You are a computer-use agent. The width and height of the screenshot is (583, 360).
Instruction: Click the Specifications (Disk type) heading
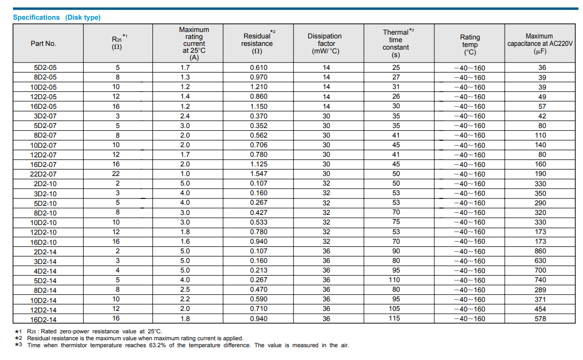[56, 18]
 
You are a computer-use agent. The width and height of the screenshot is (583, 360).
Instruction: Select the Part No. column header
[43, 44]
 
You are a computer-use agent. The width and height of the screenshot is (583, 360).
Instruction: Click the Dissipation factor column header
[325, 44]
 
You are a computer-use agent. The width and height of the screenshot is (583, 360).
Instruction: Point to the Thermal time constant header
[396, 43]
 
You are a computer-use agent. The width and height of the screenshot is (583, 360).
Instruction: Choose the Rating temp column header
[470, 44]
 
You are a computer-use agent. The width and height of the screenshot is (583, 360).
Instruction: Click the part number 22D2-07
[44, 174]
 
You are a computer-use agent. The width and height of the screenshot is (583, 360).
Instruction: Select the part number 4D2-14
[45, 270]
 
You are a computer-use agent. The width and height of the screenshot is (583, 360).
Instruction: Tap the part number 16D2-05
[44, 107]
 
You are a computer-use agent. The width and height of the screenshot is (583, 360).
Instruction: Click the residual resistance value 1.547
[258, 173]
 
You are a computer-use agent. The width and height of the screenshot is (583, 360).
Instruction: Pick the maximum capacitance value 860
[540, 251]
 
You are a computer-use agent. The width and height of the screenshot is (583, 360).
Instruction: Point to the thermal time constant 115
[394, 318]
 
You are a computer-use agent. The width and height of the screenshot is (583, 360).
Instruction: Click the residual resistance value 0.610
[258, 67]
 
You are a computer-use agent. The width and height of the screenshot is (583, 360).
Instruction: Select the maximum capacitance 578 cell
[540, 319]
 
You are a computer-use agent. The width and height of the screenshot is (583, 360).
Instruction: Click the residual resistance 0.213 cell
[258, 270]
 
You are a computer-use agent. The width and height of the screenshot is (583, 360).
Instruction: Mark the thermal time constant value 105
[394, 309]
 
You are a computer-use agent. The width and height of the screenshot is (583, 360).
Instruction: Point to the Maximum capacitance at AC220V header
[540, 44]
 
